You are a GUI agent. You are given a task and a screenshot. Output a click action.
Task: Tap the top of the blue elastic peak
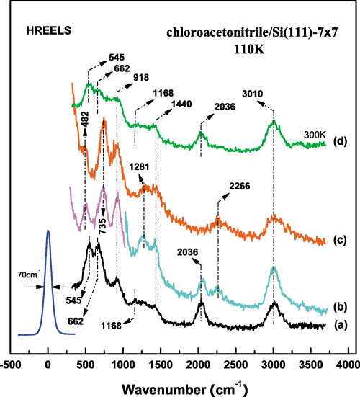click(48, 231)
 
